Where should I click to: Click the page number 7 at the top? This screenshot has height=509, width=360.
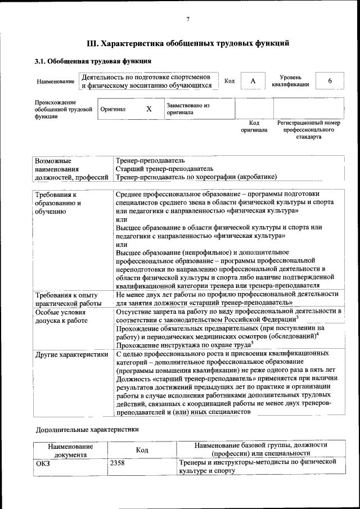[x=188, y=20]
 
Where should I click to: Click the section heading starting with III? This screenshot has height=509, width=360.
[x=188, y=43]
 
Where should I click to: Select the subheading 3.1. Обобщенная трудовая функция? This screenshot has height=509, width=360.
[x=93, y=61]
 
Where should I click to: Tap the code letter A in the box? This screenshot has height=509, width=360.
[x=253, y=82]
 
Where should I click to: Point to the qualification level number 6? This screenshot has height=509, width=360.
[x=330, y=82]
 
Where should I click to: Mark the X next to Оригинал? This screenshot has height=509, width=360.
[x=148, y=109]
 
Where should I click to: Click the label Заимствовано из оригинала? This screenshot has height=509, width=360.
[x=188, y=109]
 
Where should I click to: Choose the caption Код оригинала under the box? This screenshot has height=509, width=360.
[x=254, y=126]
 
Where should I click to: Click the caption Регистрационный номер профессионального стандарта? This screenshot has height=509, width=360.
[x=309, y=129]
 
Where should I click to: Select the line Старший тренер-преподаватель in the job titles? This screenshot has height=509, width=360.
[x=164, y=169]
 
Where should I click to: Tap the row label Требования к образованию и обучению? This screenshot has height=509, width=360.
[x=58, y=203]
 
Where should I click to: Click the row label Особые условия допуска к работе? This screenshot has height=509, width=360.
[x=61, y=316]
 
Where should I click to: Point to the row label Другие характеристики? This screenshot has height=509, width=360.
[x=71, y=355]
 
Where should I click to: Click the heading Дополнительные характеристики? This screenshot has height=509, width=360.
[x=87, y=430]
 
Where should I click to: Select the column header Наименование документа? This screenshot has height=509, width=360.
[x=71, y=450]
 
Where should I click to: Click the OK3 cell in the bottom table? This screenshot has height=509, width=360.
[x=43, y=463]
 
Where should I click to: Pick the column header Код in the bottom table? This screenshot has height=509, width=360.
[x=142, y=450]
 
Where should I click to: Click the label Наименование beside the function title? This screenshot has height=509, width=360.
[x=56, y=82]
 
